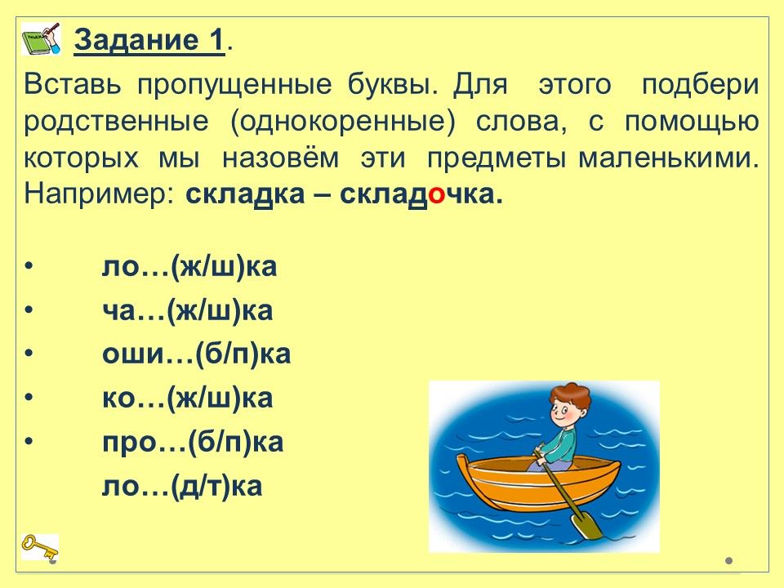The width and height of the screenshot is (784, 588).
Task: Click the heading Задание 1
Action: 149,40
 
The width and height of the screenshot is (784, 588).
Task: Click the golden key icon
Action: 39,546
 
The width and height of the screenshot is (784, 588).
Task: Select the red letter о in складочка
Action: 436,195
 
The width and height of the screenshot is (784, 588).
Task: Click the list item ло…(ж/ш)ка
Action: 189,266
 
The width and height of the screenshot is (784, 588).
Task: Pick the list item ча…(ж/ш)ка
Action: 188,310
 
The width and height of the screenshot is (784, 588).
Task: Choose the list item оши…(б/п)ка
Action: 197,354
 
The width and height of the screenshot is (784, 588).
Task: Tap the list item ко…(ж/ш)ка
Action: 188,399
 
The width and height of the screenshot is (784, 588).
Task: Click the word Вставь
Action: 73,84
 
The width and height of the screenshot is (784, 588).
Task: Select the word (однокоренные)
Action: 343,122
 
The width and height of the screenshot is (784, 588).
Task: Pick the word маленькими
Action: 669,158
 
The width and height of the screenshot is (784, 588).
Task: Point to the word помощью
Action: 692,122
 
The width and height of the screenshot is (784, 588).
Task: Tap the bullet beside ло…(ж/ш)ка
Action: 29,266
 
